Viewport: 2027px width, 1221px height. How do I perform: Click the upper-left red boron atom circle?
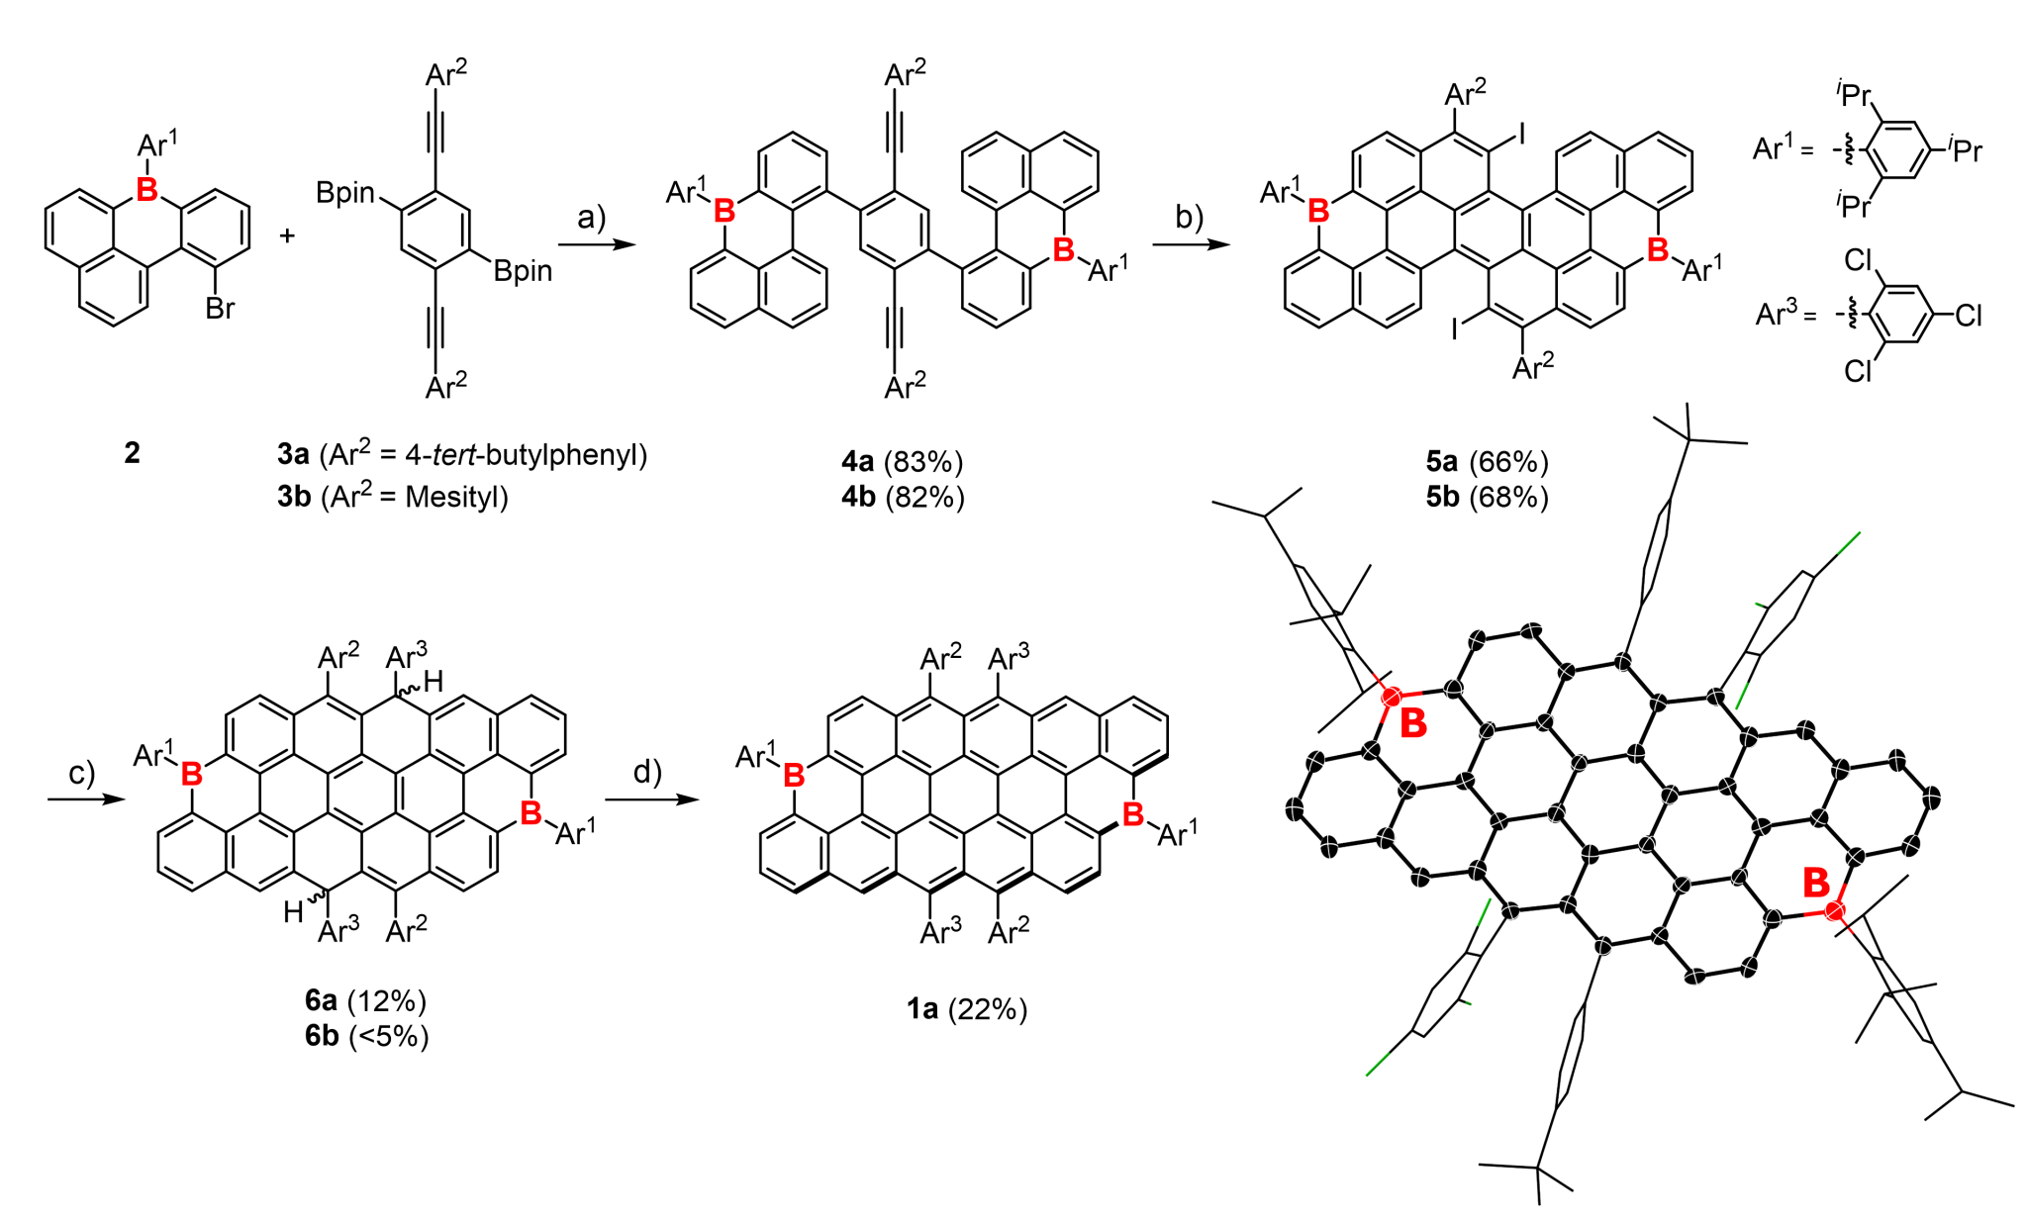point(1391,698)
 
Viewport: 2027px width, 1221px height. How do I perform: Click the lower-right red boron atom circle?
point(1834,910)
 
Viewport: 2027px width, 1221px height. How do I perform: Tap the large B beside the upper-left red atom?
point(1414,723)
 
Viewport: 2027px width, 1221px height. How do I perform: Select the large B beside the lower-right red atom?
point(1816,881)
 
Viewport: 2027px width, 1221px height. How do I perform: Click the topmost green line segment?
point(1849,542)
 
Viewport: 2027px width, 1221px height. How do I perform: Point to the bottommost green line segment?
point(1377,1065)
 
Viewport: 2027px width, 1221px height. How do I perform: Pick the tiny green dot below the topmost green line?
point(1758,604)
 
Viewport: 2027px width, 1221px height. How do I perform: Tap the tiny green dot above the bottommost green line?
point(1468,1003)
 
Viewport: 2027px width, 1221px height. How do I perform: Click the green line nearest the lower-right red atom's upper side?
point(1742,696)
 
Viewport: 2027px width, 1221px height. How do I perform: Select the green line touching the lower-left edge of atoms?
point(1484,912)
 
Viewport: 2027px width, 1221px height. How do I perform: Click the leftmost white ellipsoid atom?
point(1295,810)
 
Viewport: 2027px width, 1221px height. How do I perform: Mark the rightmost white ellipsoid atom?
point(1931,798)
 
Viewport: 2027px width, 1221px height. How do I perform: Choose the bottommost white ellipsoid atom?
point(1694,978)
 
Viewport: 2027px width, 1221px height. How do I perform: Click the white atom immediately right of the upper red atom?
point(1453,689)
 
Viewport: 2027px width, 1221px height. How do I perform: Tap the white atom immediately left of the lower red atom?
point(1773,919)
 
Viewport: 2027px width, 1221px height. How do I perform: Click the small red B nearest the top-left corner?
point(147,190)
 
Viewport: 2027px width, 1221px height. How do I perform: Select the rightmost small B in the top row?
point(1658,250)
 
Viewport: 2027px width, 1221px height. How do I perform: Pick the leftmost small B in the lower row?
point(192,774)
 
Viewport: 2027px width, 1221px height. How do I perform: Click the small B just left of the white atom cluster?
point(1133,814)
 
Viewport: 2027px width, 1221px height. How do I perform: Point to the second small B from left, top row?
point(724,211)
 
